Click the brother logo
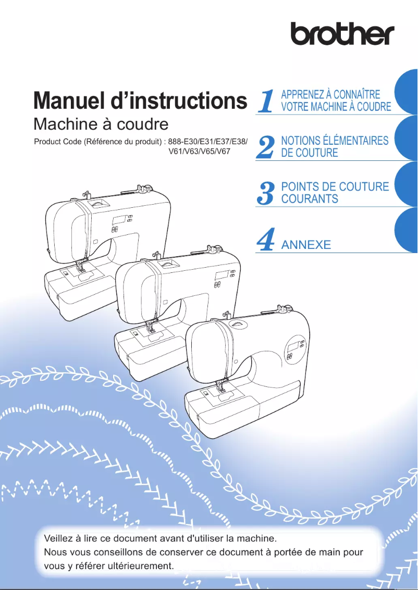[x=342, y=34]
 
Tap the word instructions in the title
[x=186, y=101]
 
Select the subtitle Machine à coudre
[x=101, y=124]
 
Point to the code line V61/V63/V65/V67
[x=200, y=152]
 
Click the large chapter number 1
[x=266, y=101]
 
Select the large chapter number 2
[x=266, y=147]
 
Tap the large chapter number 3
[x=266, y=193]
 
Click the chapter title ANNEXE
[x=306, y=245]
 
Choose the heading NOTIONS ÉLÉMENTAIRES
[x=335, y=141]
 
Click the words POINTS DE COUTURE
[x=335, y=186]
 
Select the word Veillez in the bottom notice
[x=60, y=538]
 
